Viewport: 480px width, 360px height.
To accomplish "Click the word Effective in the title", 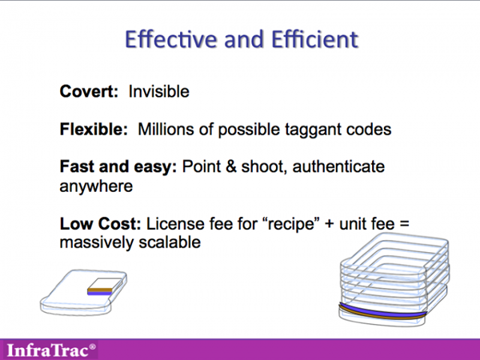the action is [171, 39].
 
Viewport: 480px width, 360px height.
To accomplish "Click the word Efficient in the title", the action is [315, 39].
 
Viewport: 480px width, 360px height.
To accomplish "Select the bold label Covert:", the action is [89, 91].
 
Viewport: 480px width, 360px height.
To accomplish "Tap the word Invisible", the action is [159, 91].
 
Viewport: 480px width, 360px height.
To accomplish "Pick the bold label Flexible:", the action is [94, 129].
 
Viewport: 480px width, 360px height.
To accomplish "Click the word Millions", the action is [166, 129].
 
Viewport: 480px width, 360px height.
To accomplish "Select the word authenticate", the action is [338, 167].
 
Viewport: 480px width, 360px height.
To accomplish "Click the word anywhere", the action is [96, 186].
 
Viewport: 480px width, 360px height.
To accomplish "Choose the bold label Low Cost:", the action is [100, 223].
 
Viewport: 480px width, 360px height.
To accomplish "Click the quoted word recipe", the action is [291, 224].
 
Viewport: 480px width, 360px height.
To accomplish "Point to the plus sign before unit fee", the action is [330, 224].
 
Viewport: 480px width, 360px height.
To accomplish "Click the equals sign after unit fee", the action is [404, 224].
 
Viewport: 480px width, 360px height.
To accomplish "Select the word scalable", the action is [170, 242].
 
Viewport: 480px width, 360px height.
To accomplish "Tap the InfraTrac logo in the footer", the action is [51, 350].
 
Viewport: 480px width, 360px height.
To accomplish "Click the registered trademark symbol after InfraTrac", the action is [93, 347].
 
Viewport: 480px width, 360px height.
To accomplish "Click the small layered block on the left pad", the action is [104, 286].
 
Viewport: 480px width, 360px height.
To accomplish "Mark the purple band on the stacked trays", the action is [382, 312].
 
